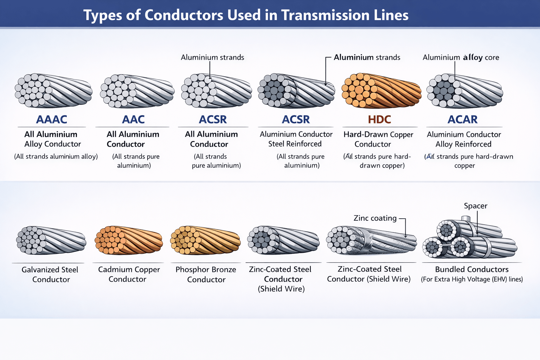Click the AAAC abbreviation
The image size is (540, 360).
tap(51, 120)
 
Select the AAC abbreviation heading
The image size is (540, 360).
tap(133, 120)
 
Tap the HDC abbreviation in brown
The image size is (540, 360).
tap(379, 120)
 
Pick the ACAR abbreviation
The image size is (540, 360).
tap(462, 120)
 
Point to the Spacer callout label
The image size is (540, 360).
tap(475, 206)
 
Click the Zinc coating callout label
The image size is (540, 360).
tap(375, 218)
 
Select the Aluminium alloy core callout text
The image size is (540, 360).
tap(461, 57)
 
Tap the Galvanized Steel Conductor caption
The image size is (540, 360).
tap(50, 275)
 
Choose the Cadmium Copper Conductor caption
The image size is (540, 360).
tap(129, 274)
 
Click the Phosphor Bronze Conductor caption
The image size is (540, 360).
tap(206, 275)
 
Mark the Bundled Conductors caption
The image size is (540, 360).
tap(472, 270)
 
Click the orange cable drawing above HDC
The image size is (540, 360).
tap(381, 90)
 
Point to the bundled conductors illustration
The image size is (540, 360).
tap(470, 239)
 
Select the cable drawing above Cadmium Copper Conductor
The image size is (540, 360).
tap(129, 240)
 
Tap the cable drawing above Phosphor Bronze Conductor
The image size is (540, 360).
tap(205, 240)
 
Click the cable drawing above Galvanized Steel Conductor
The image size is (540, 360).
tap(51, 240)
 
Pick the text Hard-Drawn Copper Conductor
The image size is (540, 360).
tap(378, 139)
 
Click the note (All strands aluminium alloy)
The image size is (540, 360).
tap(56, 156)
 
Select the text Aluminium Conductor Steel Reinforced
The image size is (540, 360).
tap(296, 139)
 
